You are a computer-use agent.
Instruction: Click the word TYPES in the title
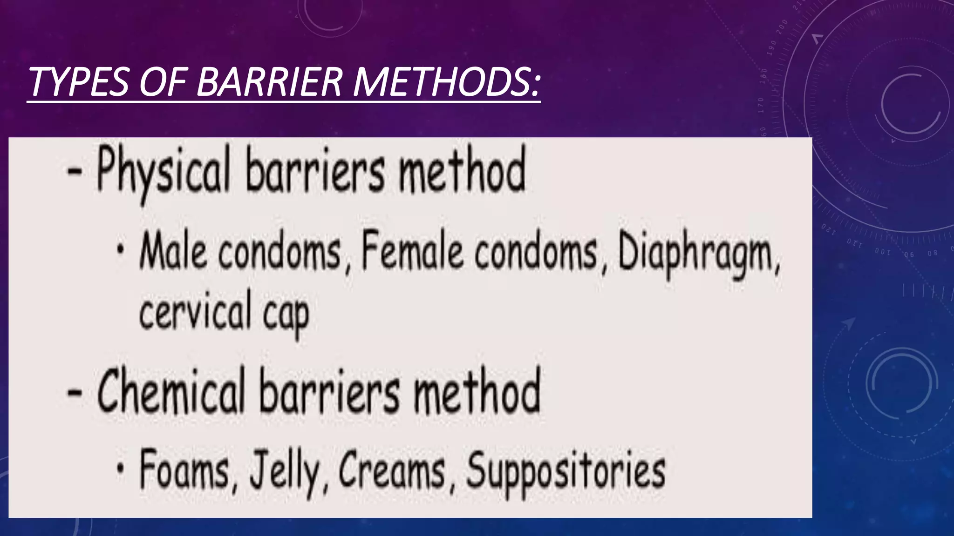point(78,82)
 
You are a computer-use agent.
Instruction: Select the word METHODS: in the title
point(446,82)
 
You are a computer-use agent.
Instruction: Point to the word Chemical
point(171,391)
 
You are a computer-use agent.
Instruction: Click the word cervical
point(195,311)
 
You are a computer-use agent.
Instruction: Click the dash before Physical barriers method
point(75,172)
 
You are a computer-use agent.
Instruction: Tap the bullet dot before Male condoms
point(121,249)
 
